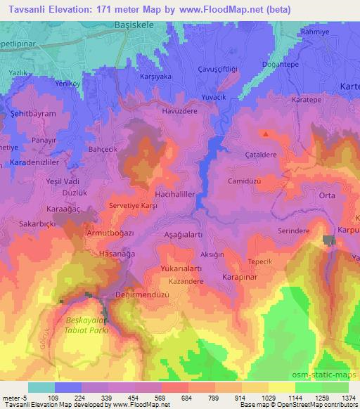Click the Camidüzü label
[x=245, y=181]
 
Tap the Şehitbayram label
[x=32, y=113]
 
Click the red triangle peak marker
[x=266, y=133]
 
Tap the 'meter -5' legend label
[x=14, y=398]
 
